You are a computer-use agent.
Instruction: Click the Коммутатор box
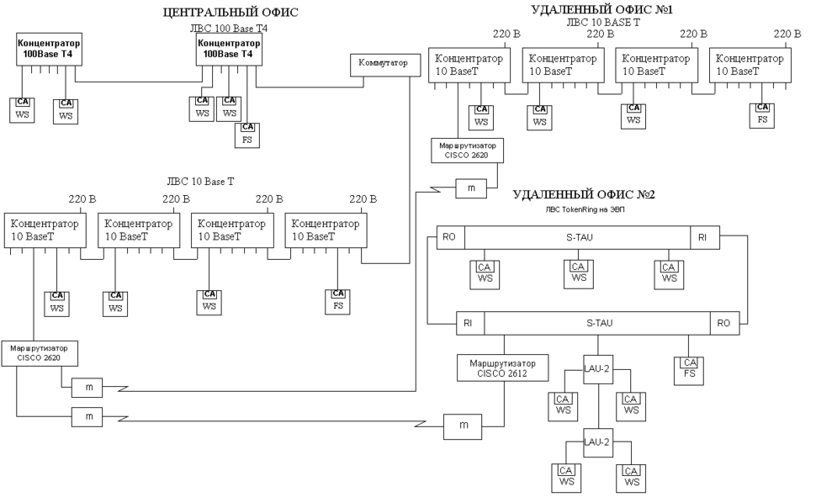tap(383, 63)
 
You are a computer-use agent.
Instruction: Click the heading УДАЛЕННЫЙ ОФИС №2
tap(583, 194)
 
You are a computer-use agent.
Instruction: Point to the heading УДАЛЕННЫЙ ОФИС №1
tap(602, 9)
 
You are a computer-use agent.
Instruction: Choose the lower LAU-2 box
tap(597, 442)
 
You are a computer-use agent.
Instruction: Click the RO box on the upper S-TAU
tap(449, 238)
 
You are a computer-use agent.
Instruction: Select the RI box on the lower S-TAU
tap(468, 322)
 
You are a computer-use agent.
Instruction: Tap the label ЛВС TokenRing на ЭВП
tap(583, 210)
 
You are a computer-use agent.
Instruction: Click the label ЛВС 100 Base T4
tap(229, 28)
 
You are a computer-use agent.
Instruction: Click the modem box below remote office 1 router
tap(471, 188)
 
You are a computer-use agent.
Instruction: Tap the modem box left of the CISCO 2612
tap(464, 426)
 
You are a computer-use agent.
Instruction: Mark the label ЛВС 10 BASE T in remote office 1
tap(603, 23)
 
